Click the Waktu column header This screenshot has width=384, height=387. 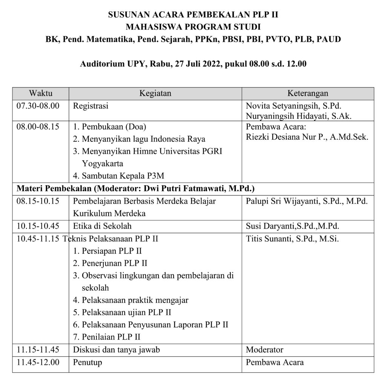point(41,93)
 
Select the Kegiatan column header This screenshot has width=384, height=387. point(155,93)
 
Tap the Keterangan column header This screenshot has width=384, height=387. point(308,93)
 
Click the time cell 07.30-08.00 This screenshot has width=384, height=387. point(38,106)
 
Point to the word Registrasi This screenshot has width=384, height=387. point(91,106)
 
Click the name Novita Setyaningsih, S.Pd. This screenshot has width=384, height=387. point(293,106)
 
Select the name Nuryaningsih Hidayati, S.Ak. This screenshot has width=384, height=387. point(298,116)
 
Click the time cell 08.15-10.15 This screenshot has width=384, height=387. point(38,201)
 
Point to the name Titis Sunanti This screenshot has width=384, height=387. point(268,238)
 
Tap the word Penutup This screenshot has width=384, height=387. point(88,362)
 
